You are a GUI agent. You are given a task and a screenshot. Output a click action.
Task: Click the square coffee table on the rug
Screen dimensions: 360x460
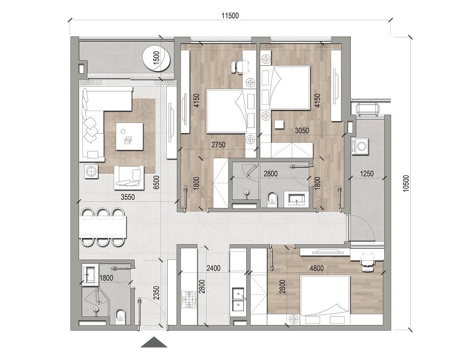pos(129,136)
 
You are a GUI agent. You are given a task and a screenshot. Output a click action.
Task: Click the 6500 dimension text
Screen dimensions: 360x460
pos(156,182)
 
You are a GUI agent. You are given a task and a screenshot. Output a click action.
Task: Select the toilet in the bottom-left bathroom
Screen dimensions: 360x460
pos(120,315)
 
